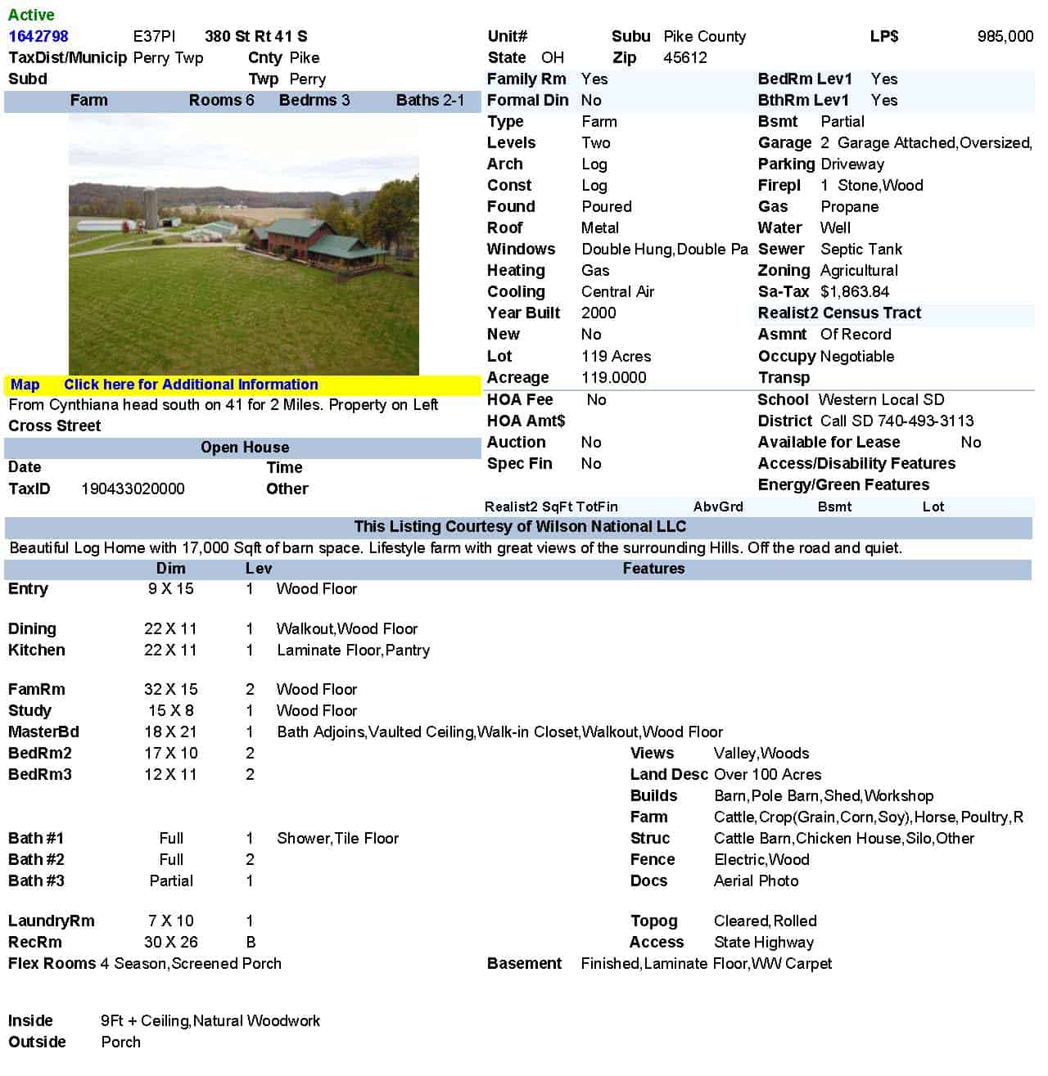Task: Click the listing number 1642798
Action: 38,36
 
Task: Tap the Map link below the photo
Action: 25,385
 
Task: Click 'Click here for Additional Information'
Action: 191,385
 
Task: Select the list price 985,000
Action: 1005,36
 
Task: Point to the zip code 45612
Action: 684,57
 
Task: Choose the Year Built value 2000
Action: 599,313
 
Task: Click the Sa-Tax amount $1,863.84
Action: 854,291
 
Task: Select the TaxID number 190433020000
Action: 133,488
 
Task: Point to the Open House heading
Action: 245,448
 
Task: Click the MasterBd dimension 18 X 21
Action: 170,732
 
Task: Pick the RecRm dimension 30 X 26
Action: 170,942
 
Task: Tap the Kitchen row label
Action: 37,650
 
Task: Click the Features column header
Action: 653,569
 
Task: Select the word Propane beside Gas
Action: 849,206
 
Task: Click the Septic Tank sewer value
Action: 861,249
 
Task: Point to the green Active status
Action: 31,15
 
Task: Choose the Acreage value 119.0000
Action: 613,377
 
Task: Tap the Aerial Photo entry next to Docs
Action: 756,880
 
